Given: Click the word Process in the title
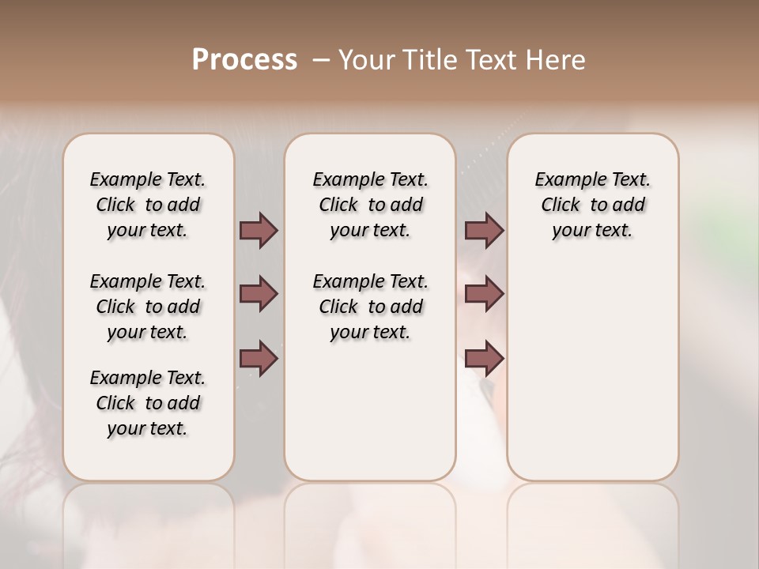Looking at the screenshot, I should [x=244, y=60].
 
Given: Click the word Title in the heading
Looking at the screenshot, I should [x=426, y=60].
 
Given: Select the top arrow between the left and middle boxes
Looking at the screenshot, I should [x=259, y=231].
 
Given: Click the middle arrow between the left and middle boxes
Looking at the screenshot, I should [x=259, y=294].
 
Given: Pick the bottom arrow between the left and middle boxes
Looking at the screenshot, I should [x=259, y=358].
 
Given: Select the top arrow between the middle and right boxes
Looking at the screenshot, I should [x=484, y=231].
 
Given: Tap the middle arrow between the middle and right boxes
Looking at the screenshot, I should [x=484, y=294].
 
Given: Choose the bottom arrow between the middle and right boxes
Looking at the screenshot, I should [x=484, y=358].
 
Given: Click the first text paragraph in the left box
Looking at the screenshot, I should [x=148, y=205].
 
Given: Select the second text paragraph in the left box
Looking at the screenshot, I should [x=148, y=307].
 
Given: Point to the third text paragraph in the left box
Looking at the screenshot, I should [x=148, y=403].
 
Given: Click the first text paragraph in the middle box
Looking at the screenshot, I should [x=371, y=205].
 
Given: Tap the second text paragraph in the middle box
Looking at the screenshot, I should [x=371, y=307].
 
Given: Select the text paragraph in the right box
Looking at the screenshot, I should [x=593, y=205].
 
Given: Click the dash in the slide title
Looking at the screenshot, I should [x=321, y=60].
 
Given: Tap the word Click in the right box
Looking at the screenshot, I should [x=561, y=205].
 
